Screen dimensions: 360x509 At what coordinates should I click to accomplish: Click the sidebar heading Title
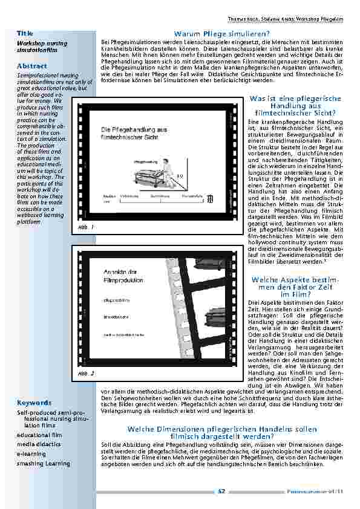tap(25, 31)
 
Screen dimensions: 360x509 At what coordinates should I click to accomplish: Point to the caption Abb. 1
tap(87, 227)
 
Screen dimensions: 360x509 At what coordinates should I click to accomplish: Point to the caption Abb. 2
tap(87, 374)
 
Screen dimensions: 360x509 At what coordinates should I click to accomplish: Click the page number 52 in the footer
tap(222, 491)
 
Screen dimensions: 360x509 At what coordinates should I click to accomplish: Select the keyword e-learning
tap(31, 453)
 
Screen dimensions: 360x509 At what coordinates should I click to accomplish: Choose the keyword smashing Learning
tap(44, 464)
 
